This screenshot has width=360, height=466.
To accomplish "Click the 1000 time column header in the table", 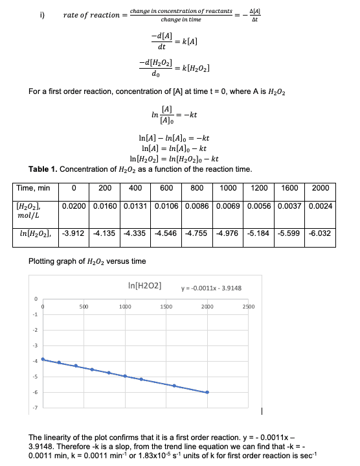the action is [229, 188].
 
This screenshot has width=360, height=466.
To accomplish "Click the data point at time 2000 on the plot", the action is [207, 392].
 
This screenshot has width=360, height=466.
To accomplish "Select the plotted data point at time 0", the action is [43, 359].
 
